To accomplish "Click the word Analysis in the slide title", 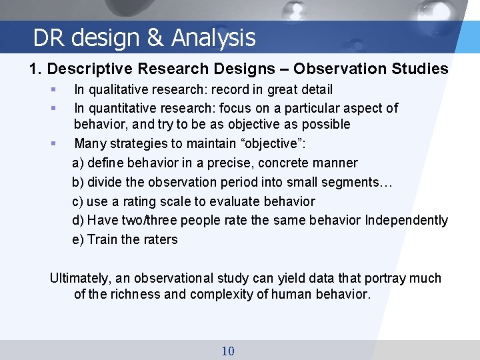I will coord(213,38).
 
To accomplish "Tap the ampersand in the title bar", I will coord(155,38).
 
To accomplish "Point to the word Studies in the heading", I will coord(421,69).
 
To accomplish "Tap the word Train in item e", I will coord(103,239).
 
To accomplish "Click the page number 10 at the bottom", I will coord(228,351).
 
